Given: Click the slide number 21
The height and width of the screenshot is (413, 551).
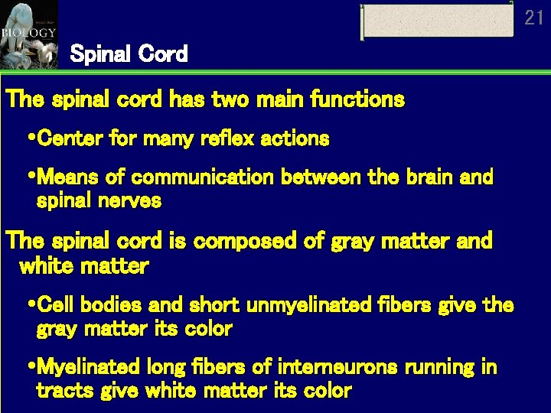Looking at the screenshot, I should [534, 18].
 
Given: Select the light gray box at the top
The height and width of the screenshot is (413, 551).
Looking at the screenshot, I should [438, 21].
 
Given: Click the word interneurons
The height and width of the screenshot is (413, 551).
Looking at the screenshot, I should [337, 367].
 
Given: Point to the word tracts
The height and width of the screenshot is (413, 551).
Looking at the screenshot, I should [60, 391].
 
